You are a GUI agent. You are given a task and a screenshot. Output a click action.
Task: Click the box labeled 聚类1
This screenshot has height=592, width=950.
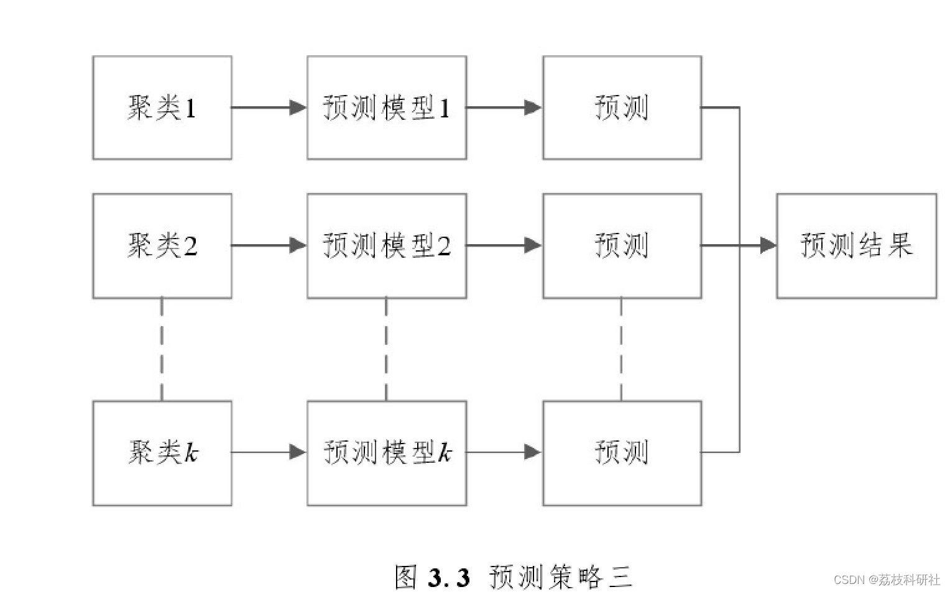(x=162, y=107)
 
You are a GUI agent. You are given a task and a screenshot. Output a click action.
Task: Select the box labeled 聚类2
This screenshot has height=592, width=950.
(x=162, y=246)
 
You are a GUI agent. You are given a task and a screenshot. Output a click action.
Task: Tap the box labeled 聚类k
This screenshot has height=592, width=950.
(x=162, y=453)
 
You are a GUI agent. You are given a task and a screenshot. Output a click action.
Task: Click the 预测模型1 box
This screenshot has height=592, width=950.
(x=387, y=107)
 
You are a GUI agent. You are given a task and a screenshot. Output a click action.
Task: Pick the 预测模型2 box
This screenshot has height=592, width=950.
(x=387, y=246)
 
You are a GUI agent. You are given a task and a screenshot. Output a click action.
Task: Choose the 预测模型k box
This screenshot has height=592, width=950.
(x=387, y=453)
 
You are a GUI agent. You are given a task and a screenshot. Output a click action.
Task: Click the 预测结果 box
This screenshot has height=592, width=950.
(x=857, y=246)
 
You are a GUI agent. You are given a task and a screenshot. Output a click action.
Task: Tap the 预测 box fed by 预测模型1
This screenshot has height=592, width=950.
(x=622, y=107)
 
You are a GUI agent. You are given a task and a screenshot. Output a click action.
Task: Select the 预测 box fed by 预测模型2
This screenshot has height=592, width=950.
(x=622, y=246)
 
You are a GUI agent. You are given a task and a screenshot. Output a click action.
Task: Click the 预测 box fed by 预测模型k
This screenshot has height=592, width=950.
(x=622, y=453)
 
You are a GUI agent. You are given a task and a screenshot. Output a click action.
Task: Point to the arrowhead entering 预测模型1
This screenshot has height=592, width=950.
(x=298, y=107)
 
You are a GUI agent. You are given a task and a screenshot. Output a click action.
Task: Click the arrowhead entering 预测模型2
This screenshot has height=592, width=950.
(x=298, y=245)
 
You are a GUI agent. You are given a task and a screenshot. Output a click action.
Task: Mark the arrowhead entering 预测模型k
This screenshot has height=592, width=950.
(x=298, y=452)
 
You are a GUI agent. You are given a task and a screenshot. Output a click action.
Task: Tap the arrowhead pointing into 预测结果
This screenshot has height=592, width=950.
(x=768, y=245)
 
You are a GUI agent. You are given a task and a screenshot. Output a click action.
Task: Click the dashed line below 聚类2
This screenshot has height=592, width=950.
(x=162, y=350)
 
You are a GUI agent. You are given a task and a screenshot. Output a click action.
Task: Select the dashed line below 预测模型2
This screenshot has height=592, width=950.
(x=386, y=350)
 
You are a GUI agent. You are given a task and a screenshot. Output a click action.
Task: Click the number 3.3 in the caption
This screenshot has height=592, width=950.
(x=449, y=577)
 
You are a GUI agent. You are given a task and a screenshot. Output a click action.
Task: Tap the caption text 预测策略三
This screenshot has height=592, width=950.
(x=561, y=577)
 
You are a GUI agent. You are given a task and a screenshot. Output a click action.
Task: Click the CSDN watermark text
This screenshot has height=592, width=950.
(x=887, y=580)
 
